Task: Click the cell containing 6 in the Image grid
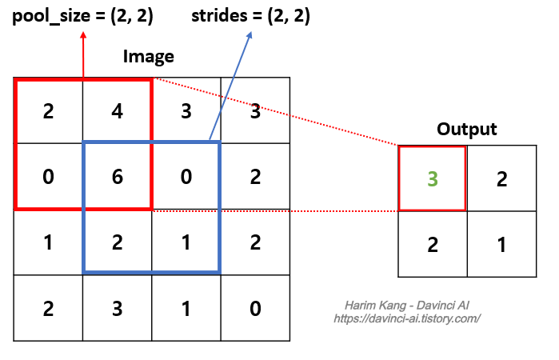pos(117,176)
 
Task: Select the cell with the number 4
pos(117,110)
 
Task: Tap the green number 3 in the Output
pos(432,178)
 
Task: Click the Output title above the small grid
pos(467,129)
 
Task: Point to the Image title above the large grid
pos(148,57)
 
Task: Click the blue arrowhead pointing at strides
pos(250,34)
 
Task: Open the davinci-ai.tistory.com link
pos(406,318)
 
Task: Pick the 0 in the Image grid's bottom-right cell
pos(254,308)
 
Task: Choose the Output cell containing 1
pos(501,244)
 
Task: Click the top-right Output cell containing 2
pos(501,178)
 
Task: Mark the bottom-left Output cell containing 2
pos(432,244)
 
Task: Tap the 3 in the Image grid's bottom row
pos(117,308)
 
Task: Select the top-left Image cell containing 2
pos(48,110)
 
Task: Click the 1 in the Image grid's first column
pos(48,242)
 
